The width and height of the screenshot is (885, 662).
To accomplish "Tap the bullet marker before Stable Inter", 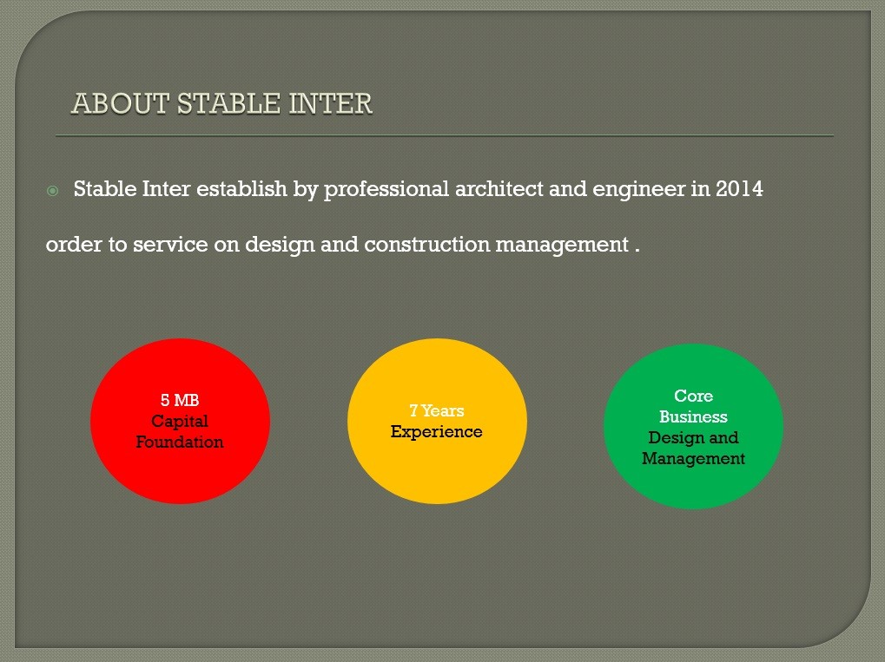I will point(52,190).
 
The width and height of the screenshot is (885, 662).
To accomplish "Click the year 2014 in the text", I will point(739,188).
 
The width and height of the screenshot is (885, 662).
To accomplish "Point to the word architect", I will point(499,188).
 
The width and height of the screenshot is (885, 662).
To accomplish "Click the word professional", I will point(386,189).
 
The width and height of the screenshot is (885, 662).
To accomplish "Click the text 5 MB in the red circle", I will point(180,400).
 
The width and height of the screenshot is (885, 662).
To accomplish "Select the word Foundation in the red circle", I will point(180,442).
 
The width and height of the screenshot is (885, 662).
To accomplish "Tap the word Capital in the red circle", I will point(180,421).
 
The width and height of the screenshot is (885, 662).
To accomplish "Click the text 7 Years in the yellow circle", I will point(437,410).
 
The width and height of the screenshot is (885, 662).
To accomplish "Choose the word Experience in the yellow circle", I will point(437,431).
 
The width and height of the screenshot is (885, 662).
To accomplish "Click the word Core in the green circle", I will point(693,396).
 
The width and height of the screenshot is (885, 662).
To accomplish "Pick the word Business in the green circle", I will point(693,416).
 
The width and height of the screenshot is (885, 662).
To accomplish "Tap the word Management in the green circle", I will point(693,458).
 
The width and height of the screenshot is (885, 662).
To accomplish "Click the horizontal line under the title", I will point(444,136).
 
